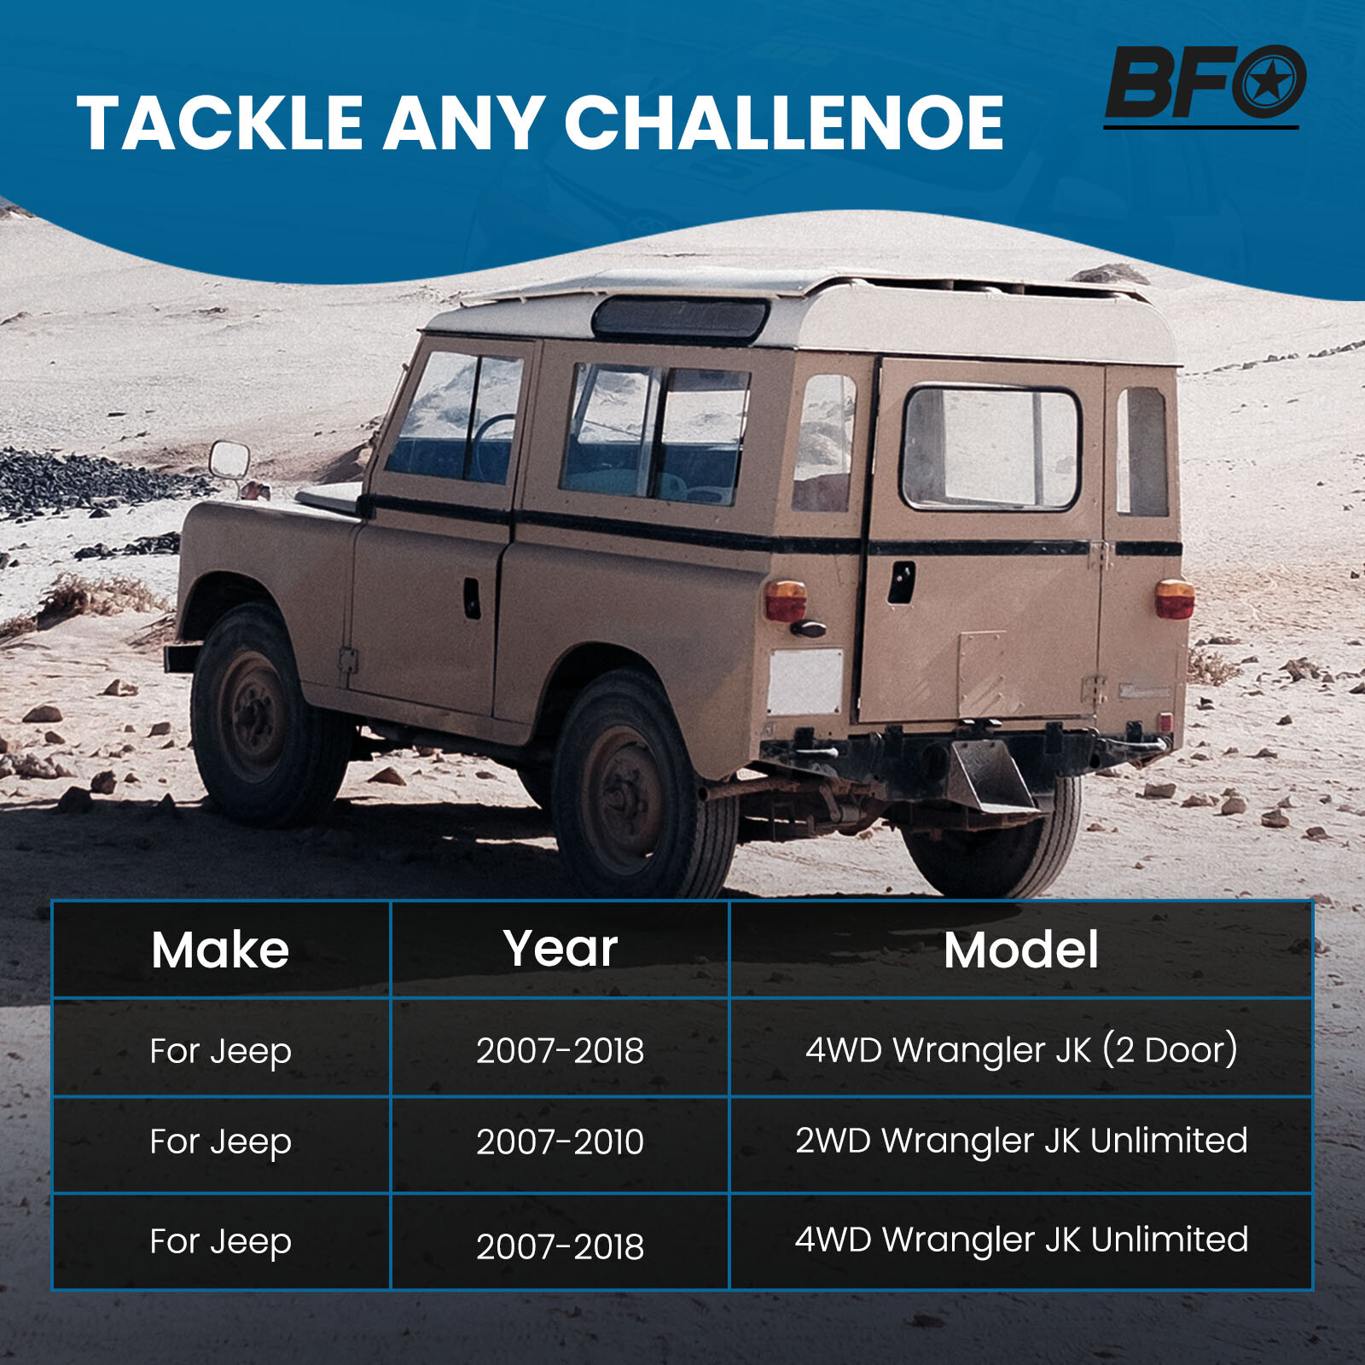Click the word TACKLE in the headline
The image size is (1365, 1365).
[220, 123]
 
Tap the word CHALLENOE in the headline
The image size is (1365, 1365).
[783, 123]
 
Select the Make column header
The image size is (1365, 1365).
[220, 950]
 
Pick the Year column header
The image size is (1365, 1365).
[561, 948]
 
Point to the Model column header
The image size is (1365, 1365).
[1021, 950]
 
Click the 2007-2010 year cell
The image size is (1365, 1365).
[561, 1142]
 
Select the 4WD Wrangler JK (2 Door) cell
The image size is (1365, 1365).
[1021, 1050]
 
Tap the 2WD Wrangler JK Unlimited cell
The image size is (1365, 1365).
[1021, 1141]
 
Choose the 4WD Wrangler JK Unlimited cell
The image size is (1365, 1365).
[1021, 1240]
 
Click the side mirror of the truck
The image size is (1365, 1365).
[229, 461]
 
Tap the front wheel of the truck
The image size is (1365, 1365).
[258, 713]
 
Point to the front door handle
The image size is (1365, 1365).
[472, 597]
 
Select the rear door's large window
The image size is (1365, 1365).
[990, 448]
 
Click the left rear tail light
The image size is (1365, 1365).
[786, 601]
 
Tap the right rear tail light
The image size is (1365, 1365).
[1175, 598]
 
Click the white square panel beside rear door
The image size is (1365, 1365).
[805, 681]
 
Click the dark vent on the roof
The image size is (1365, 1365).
[680, 317]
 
